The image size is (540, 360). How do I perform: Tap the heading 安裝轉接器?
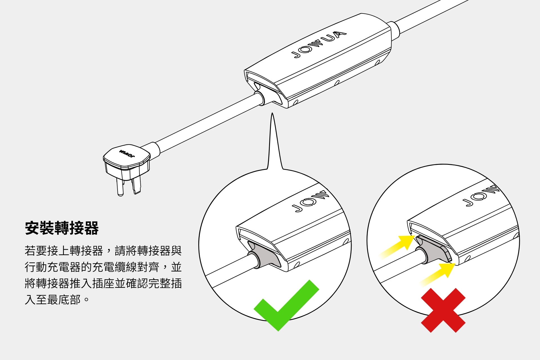tap(62, 228)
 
